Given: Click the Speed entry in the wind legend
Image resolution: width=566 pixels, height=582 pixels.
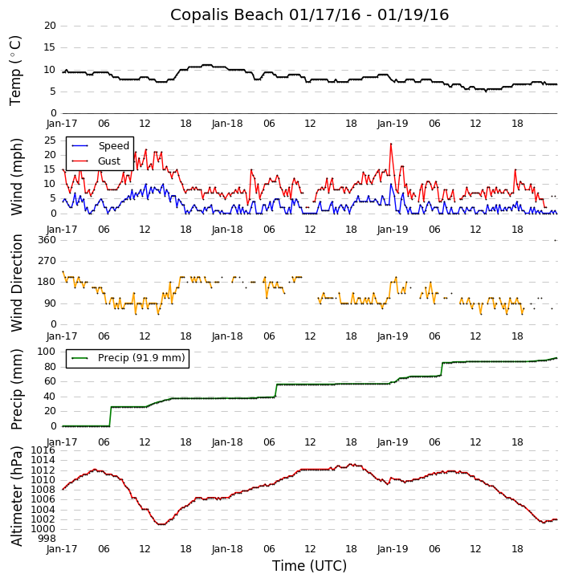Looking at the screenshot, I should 113,146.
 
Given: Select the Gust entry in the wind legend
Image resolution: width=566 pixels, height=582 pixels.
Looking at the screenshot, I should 109,161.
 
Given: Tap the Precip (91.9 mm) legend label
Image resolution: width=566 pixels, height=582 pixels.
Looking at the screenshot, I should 141,358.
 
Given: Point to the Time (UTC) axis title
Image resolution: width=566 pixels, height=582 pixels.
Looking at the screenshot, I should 309,566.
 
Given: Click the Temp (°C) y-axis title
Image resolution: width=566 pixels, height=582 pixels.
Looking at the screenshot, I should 16,70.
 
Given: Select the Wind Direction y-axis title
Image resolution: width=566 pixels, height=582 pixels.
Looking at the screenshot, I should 16,282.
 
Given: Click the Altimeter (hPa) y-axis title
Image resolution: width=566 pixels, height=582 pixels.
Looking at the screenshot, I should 16,495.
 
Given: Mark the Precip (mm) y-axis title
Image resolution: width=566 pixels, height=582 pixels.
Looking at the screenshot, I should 16,389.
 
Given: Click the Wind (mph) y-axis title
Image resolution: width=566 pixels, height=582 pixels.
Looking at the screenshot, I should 16,177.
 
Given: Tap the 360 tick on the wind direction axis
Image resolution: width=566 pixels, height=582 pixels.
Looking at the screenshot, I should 46,240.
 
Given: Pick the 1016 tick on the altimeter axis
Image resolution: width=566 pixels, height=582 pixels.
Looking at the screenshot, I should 44,450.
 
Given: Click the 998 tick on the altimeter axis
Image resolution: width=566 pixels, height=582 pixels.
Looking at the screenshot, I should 47,539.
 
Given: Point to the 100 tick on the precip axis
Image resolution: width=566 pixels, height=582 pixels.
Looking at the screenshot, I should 46,352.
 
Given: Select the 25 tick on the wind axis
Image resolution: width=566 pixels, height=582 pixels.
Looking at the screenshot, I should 49,140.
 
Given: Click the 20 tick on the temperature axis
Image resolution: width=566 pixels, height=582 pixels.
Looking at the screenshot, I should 49,26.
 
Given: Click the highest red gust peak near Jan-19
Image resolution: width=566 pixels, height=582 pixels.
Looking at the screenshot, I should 391,144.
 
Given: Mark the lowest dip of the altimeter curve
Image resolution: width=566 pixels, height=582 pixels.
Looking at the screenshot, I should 161,524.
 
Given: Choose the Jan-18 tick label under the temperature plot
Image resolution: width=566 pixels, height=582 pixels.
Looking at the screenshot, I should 227,124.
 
